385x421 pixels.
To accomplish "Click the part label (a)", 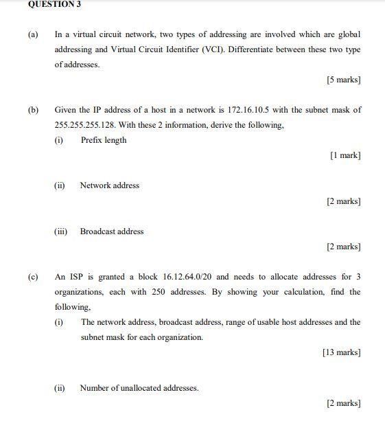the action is click(33, 34).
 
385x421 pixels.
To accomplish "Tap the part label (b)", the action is click(33, 110).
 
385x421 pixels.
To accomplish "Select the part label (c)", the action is click(33, 277).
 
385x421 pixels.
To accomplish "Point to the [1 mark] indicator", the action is click(345, 156).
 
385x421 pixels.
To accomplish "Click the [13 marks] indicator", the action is click(341, 353).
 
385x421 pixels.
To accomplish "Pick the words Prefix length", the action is click(104, 140).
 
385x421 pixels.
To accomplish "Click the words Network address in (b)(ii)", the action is click(109, 185).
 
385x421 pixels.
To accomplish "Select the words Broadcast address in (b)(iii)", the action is click(112, 231).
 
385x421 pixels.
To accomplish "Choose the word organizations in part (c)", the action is click(78, 292).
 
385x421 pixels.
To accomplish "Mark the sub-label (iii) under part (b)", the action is click(60, 231).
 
